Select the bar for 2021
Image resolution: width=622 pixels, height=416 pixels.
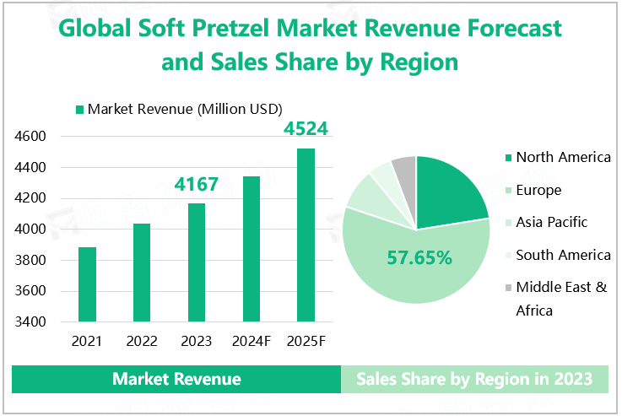point(87,284)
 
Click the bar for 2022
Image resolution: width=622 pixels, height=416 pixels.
point(142,273)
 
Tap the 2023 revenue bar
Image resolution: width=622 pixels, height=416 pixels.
point(196,262)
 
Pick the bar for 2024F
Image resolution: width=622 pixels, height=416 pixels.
point(251,249)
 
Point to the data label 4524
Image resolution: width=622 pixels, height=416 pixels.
point(306,130)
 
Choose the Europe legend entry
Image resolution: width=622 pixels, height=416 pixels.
point(538,190)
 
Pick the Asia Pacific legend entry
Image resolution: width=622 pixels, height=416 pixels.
point(551,222)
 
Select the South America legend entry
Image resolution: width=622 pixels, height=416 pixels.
point(563,255)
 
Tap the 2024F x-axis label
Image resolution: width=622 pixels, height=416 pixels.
point(251,342)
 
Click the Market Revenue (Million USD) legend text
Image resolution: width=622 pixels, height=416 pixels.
point(185,109)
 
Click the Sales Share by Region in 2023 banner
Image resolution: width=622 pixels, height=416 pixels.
point(474,379)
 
